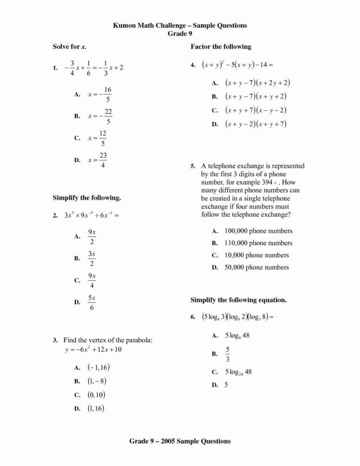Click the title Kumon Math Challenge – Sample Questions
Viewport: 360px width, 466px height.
coord(180,25)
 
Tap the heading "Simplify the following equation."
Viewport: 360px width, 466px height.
coord(239,300)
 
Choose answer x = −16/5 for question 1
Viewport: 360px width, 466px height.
coord(100,95)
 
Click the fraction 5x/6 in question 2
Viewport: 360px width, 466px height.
coord(92,303)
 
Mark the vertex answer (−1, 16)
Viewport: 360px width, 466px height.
coord(99,368)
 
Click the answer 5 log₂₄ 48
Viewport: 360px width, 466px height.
coord(239,372)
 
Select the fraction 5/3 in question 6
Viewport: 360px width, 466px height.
coord(228,354)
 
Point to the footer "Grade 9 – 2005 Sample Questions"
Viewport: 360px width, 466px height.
coord(180,441)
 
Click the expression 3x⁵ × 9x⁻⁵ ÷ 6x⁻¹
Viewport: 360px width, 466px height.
coord(91,215)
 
